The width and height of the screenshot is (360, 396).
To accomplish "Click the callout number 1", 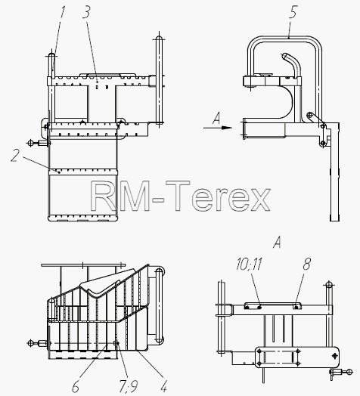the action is pyautogui.click(x=62, y=12).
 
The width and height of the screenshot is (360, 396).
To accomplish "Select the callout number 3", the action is pyautogui.click(x=86, y=12).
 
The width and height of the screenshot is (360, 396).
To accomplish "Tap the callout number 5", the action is pyautogui.click(x=293, y=12).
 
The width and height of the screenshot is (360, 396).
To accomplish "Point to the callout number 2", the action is pyautogui.click(x=15, y=156).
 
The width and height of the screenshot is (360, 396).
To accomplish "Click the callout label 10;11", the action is pyautogui.click(x=249, y=265).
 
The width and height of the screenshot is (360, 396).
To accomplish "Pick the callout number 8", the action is pyautogui.click(x=306, y=265).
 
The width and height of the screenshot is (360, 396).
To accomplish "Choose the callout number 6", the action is pyautogui.click(x=76, y=386).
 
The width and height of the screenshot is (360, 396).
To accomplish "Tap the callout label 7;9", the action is pyautogui.click(x=129, y=387).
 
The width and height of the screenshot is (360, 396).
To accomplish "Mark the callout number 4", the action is pyautogui.click(x=163, y=386).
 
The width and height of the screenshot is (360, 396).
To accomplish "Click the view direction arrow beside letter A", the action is pyautogui.click(x=218, y=128).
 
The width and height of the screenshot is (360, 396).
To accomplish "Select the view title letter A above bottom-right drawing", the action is pyautogui.click(x=277, y=242).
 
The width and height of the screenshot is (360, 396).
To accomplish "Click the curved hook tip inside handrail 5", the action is pyautogui.click(x=284, y=55).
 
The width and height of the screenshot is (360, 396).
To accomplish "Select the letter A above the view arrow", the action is pyautogui.click(x=216, y=118).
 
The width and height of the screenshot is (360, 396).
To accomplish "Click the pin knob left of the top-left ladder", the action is pyautogui.click(x=30, y=143).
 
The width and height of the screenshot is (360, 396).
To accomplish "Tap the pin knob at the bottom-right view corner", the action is pyautogui.click(x=349, y=371).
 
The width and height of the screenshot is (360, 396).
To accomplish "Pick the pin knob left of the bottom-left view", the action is pyautogui.click(x=30, y=343).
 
